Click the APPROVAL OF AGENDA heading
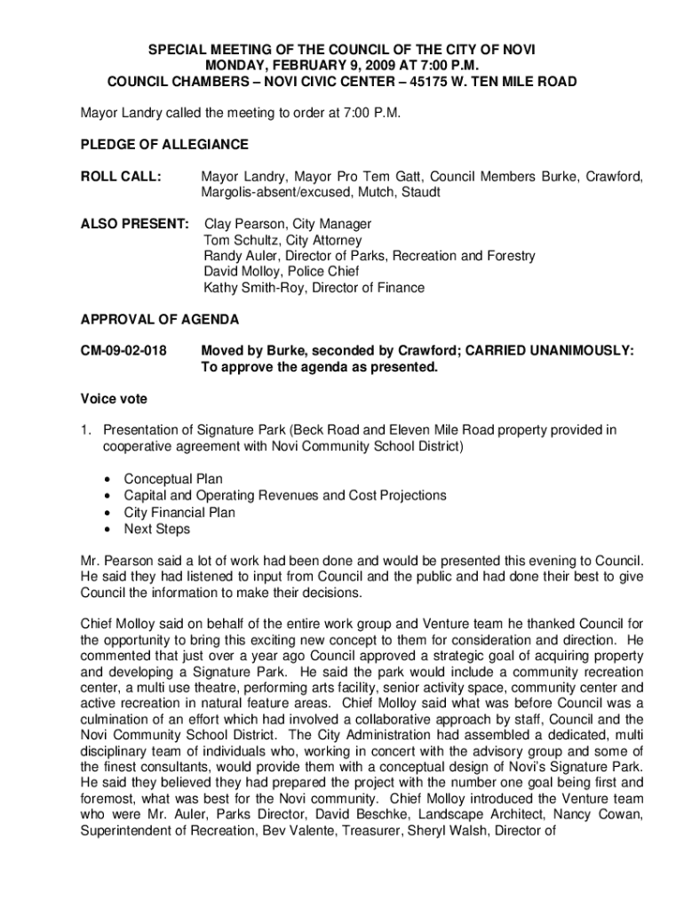(159, 319)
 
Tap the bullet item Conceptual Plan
(173, 479)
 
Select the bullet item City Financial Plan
(179, 513)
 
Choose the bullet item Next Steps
(157, 529)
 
